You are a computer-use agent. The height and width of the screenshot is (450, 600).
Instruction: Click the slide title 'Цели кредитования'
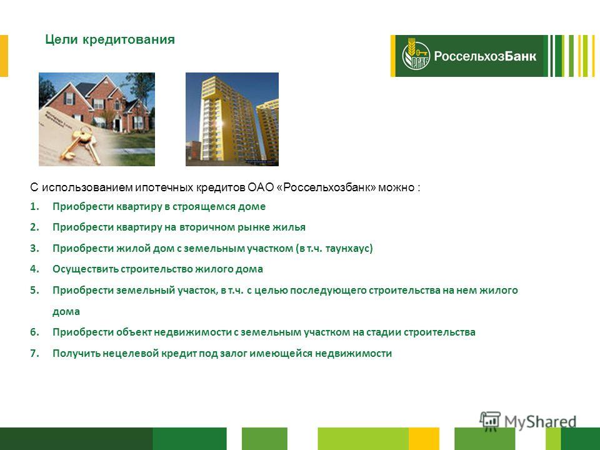click(x=110, y=40)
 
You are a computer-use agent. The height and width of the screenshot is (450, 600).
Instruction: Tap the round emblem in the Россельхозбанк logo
click(x=416, y=56)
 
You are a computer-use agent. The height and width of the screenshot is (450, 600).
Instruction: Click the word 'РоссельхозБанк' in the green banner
click(x=485, y=56)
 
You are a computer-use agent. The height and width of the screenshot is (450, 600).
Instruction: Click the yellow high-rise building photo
click(x=232, y=119)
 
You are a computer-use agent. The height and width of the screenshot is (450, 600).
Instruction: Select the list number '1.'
click(x=35, y=207)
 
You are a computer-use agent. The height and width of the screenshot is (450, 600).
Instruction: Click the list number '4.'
click(x=35, y=269)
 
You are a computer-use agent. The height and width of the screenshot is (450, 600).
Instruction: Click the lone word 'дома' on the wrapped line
click(x=66, y=311)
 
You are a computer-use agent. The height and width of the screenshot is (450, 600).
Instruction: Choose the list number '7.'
click(x=35, y=352)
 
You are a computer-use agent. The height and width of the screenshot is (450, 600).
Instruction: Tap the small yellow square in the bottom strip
click(x=424, y=439)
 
